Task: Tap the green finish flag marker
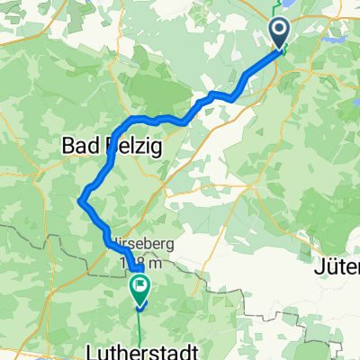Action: pos(140,288)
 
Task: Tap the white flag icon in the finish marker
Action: pos(140,287)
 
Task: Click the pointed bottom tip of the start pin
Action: pos(281,50)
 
